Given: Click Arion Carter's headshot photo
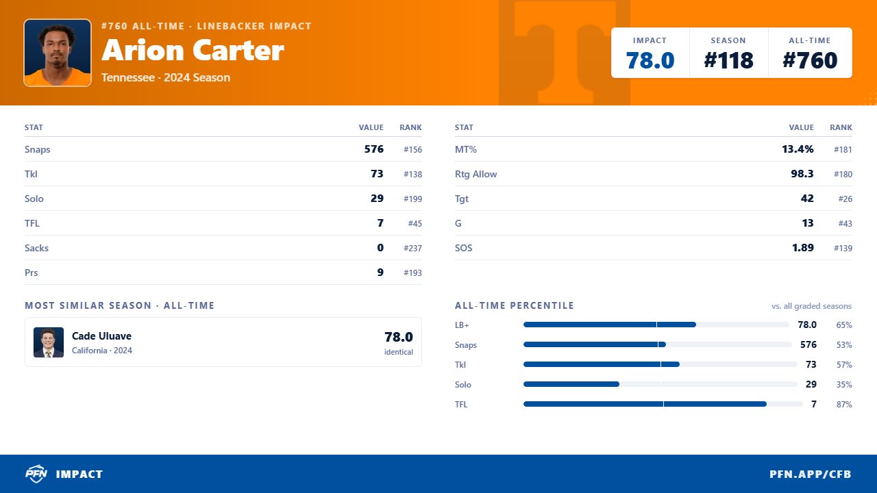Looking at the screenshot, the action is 58,53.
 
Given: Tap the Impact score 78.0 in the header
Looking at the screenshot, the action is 650,60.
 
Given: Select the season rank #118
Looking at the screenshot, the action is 728,60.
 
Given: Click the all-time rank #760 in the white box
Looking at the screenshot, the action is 810,60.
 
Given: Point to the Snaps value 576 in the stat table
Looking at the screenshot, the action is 374,149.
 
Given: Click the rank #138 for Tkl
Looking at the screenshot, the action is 412,174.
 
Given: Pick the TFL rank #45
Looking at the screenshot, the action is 415,223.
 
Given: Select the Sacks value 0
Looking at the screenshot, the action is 380,248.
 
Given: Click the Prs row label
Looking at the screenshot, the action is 32,273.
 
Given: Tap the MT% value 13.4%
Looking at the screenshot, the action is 798,149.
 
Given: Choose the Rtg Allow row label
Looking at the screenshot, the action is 475,174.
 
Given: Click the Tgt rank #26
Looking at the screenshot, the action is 845,199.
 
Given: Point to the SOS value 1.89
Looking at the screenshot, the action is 802,248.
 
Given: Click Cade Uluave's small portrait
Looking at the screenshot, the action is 49,342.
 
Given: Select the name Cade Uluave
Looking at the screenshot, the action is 101,336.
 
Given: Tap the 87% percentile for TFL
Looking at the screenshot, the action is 844,404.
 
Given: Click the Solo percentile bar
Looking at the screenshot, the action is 660,384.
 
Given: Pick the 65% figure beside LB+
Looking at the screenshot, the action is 844,325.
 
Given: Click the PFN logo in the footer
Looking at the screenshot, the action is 36,474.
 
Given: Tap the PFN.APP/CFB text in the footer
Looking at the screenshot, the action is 810,475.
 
